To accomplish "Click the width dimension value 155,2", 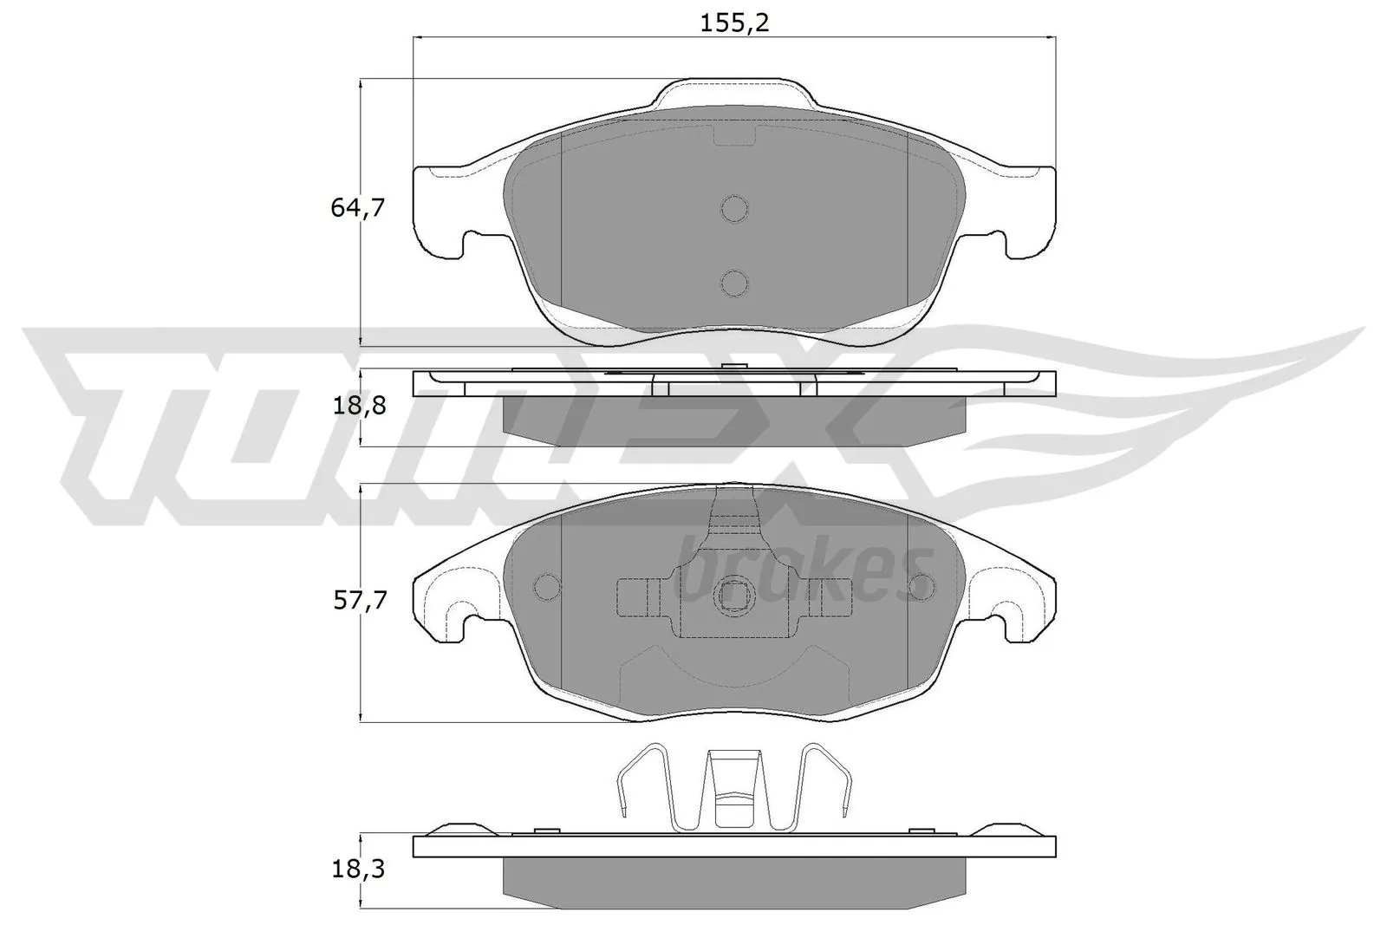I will click(x=735, y=23).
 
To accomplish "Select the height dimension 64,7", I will click(x=357, y=208).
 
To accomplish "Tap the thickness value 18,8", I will click(x=357, y=406).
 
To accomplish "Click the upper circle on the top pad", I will click(x=734, y=209).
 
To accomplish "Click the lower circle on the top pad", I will click(x=734, y=282).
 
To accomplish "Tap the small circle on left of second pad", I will click(x=546, y=587).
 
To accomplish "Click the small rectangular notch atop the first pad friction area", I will click(x=734, y=134).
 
